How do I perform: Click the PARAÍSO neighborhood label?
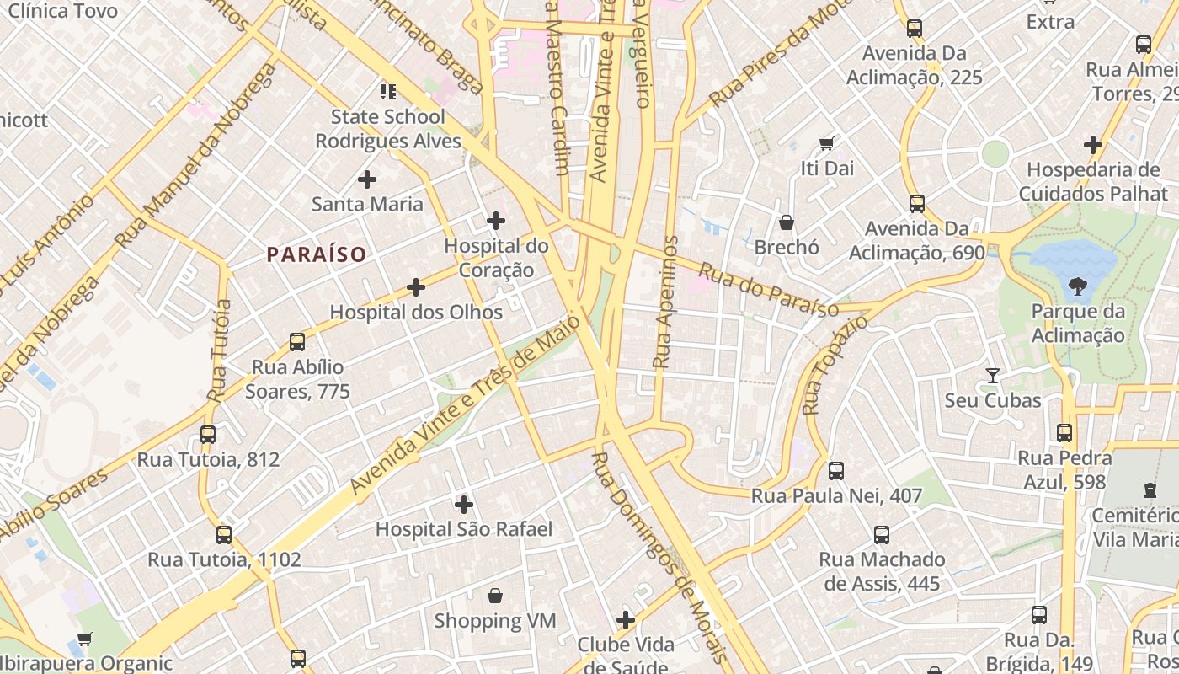click(317, 254)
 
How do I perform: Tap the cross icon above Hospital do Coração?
click(496, 222)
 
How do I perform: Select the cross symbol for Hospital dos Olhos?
click(416, 287)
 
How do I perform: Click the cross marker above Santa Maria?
click(367, 179)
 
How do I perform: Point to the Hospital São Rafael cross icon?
click(464, 505)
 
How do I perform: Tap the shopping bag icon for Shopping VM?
click(495, 596)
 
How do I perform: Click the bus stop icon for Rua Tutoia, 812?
click(208, 435)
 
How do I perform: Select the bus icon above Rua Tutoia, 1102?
click(224, 534)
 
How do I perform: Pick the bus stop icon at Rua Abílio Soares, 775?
click(297, 341)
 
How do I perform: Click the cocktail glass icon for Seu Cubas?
click(993, 375)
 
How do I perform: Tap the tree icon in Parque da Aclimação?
click(1077, 287)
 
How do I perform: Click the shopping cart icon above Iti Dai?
click(827, 143)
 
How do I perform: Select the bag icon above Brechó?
click(787, 222)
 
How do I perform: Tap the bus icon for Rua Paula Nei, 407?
click(836, 470)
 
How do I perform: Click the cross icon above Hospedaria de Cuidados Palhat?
click(1093, 145)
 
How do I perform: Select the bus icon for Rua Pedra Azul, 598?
click(1064, 433)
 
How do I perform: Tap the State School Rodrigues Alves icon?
click(387, 91)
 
